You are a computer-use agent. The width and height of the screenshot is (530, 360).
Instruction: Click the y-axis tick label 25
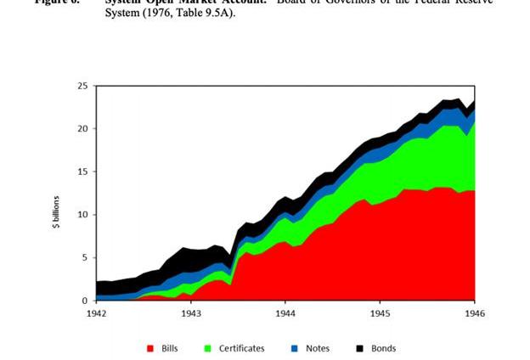(x=82, y=86)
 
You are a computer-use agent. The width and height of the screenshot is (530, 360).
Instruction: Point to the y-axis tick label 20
(x=82, y=129)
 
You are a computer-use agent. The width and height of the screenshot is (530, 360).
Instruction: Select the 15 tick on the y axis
(x=82, y=172)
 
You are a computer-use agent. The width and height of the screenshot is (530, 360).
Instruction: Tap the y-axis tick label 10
(x=82, y=215)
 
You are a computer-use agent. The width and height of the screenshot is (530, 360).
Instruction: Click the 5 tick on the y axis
(x=85, y=257)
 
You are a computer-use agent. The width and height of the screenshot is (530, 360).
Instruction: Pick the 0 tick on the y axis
(x=85, y=301)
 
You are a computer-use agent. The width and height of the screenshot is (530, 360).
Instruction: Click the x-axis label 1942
(x=96, y=313)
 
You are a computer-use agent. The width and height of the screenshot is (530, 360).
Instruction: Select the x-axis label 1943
(x=190, y=313)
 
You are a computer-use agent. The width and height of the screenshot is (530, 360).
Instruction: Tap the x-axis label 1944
(x=285, y=313)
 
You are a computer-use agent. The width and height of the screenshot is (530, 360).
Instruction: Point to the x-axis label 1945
(x=380, y=313)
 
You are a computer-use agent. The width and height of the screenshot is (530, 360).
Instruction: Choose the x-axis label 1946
(x=474, y=313)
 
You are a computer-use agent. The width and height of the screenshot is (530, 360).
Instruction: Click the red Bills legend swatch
(x=151, y=348)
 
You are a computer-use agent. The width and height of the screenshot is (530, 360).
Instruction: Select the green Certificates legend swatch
(x=209, y=348)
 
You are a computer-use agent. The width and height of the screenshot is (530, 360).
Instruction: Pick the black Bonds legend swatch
(x=359, y=348)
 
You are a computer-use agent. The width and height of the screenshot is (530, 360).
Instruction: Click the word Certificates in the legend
(x=242, y=348)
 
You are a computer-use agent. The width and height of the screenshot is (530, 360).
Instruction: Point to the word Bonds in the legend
(x=383, y=348)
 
